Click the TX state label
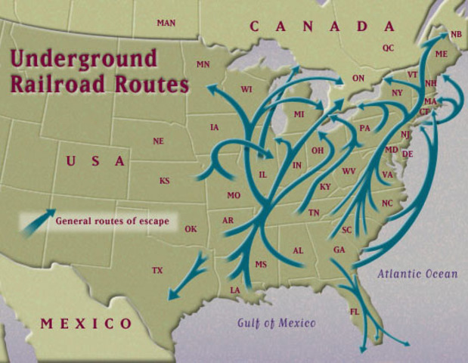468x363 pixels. tap(157, 270)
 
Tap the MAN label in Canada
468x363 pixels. tap(166, 23)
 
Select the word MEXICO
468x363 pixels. tap(86, 324)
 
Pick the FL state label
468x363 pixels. tap(355, 312)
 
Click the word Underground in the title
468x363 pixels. tap(84, 59)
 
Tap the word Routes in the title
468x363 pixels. tap(150, 84)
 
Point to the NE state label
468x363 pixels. tap(158, 141)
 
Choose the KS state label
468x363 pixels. tap(164, 181)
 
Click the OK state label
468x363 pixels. tap(191, 229)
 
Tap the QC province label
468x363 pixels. tap(389, 48)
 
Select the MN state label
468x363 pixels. tap(203, 65)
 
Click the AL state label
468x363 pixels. tap(298, 250)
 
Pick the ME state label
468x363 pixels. tap(442, 54)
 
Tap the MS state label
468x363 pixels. tap(261, 265)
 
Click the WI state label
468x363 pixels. tap(246, 90)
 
